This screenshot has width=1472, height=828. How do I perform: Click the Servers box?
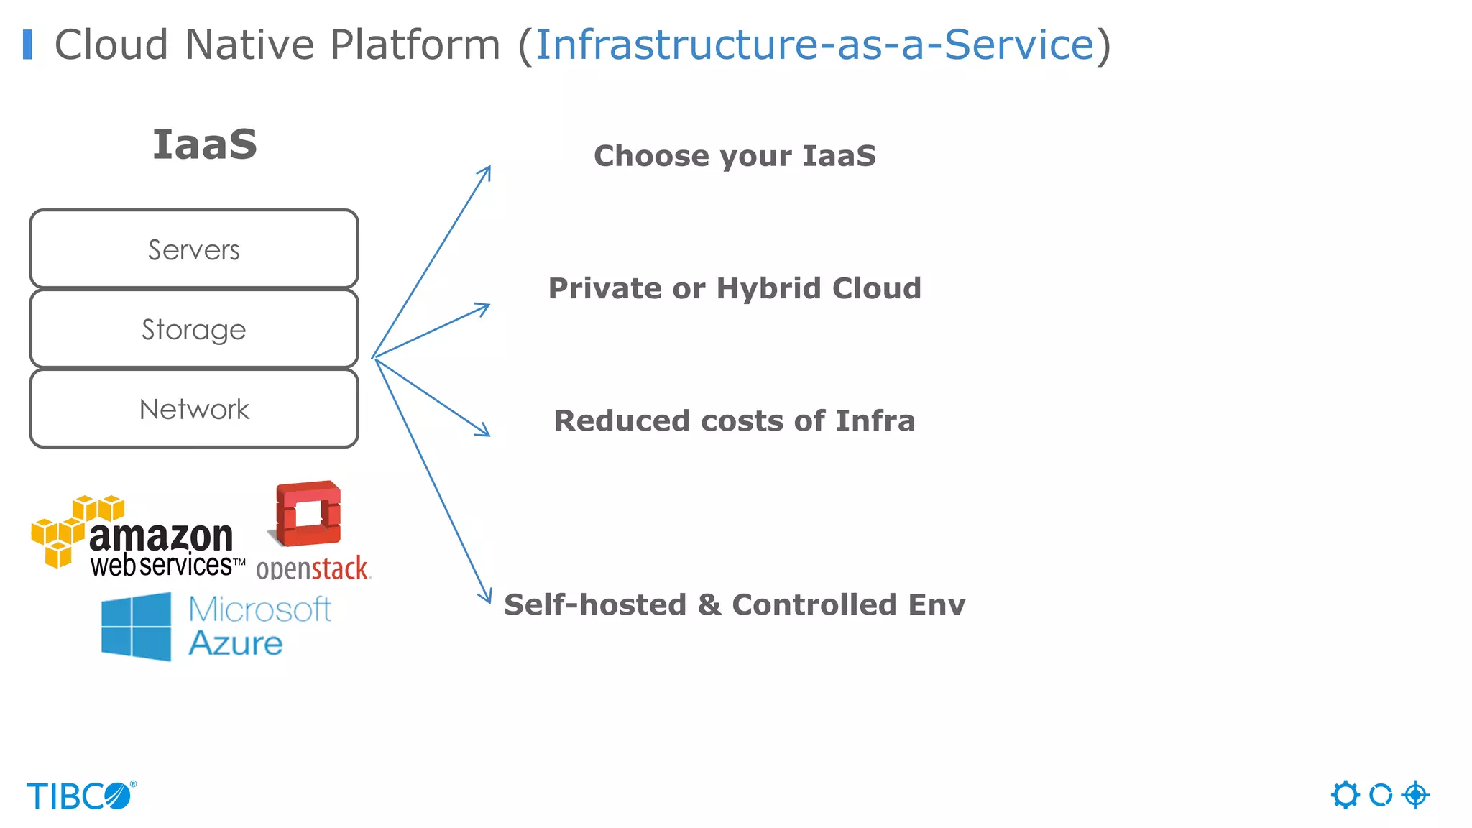click(194, 249)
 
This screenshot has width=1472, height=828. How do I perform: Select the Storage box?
click(194, 329)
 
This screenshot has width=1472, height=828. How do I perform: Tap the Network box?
click(194, 409)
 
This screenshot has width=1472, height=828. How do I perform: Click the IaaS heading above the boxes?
click(205, 144)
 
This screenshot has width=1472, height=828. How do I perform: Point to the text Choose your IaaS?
click(735, 156)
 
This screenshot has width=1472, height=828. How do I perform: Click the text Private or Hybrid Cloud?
click(735, 288)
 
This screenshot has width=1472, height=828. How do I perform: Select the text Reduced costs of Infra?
click(735, 420)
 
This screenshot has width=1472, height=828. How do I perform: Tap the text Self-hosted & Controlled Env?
click(735, 604)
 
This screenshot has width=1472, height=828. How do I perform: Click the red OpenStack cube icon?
click(308, 513)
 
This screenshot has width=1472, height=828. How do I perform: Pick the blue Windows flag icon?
click(137, 626)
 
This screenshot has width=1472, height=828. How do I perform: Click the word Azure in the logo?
click(236, 643)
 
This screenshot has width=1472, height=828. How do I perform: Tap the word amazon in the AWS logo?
click(161, 536)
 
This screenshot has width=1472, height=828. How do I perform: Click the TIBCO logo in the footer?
click(80, 796)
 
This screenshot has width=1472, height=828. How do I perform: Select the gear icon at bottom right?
click(1345, 795)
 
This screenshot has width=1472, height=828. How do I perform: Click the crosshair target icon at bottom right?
click(1415, 795)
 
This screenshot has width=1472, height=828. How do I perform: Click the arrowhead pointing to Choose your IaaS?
click(487, 172)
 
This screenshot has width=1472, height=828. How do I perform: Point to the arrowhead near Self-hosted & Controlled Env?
click(487, 597)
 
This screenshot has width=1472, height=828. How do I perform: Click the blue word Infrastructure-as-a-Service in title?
click(814, 45)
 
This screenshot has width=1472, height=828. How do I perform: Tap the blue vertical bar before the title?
click(27, 45)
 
